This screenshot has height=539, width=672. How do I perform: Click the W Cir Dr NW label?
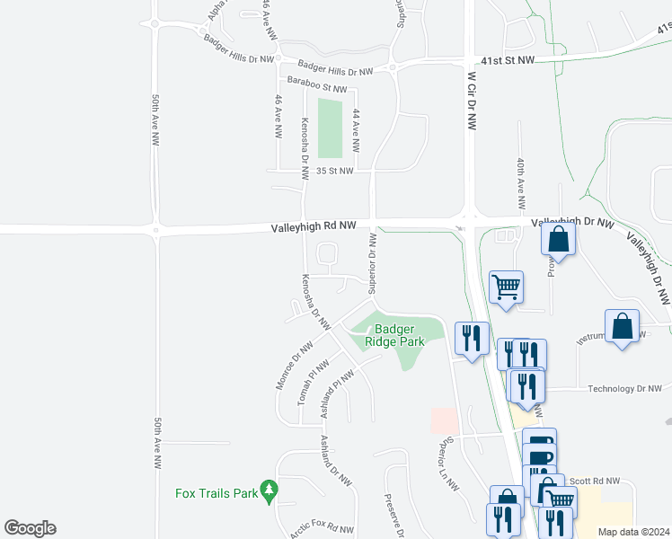coord(470,102)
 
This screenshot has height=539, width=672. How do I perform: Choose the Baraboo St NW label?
coord(311,88)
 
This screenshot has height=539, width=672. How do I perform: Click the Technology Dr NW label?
coord(623,389)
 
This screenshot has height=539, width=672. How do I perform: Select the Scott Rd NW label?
coord(601,481)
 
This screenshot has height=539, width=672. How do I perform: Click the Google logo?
coord(30,528)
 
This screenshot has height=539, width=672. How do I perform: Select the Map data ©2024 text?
coord(634,532)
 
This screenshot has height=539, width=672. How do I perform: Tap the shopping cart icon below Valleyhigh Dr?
coord(506,287)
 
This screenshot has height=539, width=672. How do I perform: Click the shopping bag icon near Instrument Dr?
coord(622,326)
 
